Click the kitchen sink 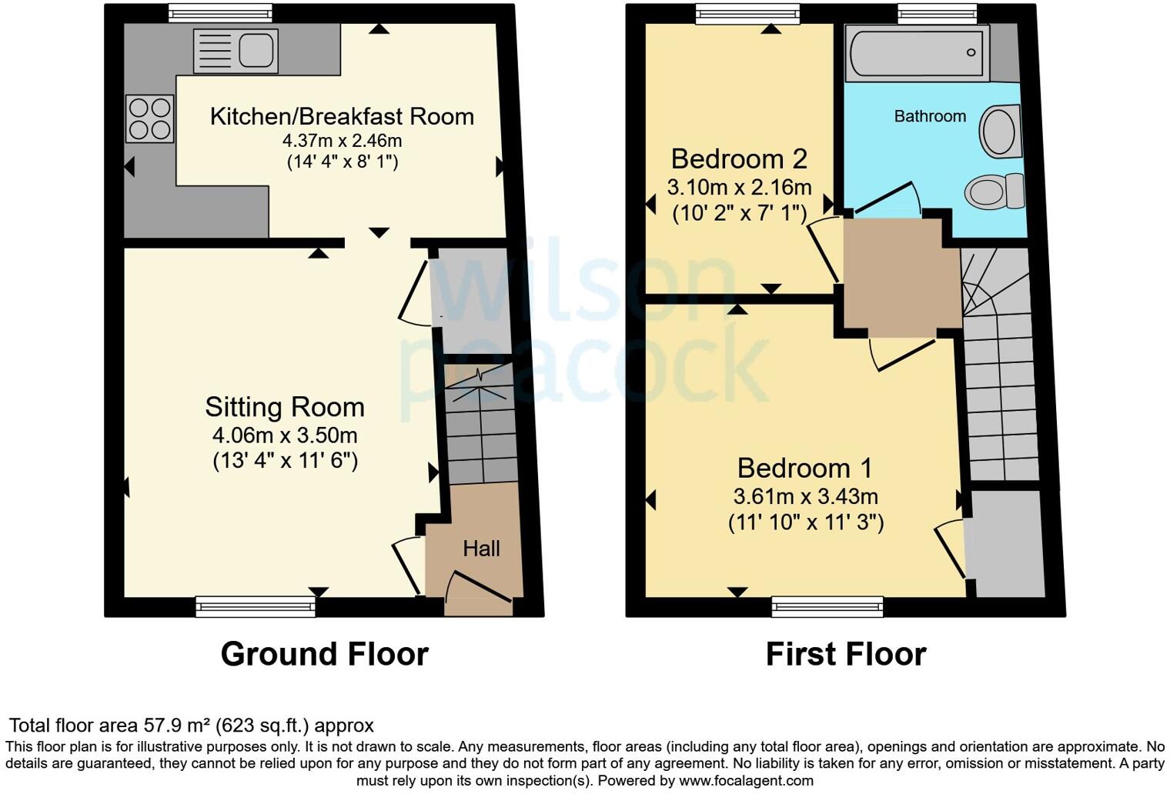pyautogui.click(x=236, y=51)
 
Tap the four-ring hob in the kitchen pyautogui.click(x=149, y=118)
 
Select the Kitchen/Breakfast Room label pyautogui.click(x=342, y=116)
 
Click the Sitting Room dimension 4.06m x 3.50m pyautogui.click(x=285, y=435)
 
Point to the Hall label pyautogui.click(x=482, y=549)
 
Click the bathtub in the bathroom pyautogui.click(x=918, y=54)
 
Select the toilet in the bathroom pyautogui.click(x=994, y=191)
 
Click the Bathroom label pyautogui.click(x=930, y=116)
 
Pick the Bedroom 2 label pyautogui.click(x=739, y=159)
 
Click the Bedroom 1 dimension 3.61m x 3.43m pyautogui.click(x=805, y=496)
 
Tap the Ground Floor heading pyautogui.click(x=324, y=654)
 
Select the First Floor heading pyautogui.click(x=846, y=654)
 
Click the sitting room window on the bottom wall pyautogui.click(x=256, y=607)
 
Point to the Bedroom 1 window pyautogui.click(x=827, y=607)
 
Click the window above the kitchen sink pyautogui.click(x=220, y=14)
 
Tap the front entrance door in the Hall pyautogui.click(x=478, y=593)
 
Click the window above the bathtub pyautogui.click(x=937, y=14)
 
